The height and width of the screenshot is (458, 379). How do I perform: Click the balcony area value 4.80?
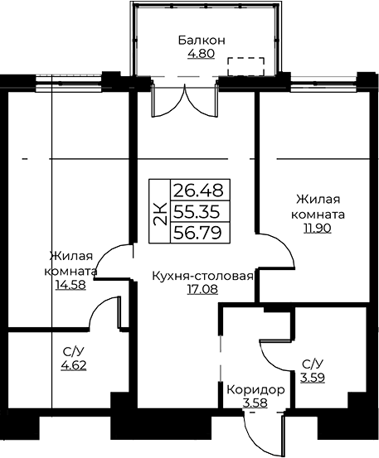click(x=202, y=54)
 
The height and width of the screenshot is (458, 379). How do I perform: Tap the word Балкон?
click(x=202, y=41)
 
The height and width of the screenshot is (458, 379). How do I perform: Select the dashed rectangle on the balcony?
click(x=246, y=66)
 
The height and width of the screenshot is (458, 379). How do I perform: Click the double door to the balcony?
click(x=185, y=101)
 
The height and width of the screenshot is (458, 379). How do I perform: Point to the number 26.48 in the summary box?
click(x=198, y=190)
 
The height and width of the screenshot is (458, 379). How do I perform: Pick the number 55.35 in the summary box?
click(x=197, y=212)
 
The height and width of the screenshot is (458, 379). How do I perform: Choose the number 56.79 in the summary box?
click(x=197, y=233)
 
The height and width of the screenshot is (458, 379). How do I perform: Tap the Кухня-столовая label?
click(x=202, y=277)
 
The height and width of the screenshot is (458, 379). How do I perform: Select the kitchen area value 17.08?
click(x=202, y=290)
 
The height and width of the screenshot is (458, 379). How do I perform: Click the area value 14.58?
click(x=70, y=285)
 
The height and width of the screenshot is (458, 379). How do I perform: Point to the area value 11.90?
click(x=318, y=228)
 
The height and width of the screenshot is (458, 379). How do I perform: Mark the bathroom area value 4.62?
click(x=74, y=365)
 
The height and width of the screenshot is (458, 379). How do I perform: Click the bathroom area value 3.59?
click(x=313, y=378)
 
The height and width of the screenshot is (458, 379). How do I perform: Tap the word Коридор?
click(x=255, y=389)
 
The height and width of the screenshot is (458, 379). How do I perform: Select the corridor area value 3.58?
click(x=255, y=403)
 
